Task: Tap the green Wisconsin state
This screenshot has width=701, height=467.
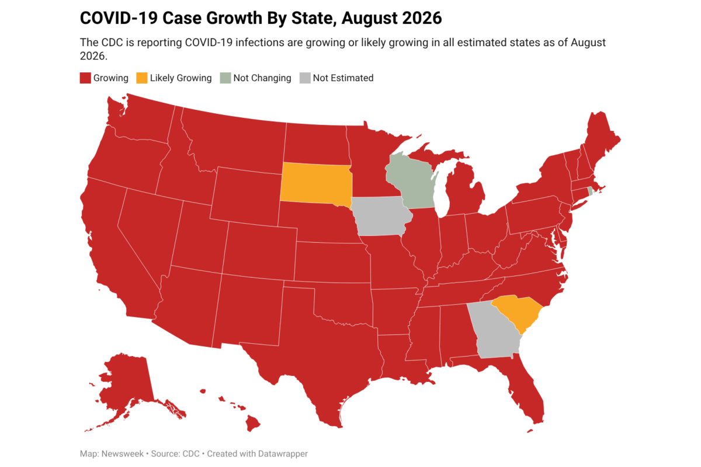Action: click(410, 182)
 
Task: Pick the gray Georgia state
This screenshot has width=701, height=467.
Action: click(494, 332)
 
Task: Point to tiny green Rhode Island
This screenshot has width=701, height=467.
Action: click(590, 191)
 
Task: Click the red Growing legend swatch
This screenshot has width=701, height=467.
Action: click(85, 78)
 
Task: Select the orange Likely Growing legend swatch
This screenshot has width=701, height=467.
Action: click(142, 78)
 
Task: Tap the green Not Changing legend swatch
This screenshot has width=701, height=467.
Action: click(225, 78)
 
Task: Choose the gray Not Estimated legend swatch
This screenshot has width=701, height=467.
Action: click(305, 78)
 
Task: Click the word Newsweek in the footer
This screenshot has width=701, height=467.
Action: click(123, 454)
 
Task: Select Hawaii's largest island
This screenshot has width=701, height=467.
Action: click(252, 423)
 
